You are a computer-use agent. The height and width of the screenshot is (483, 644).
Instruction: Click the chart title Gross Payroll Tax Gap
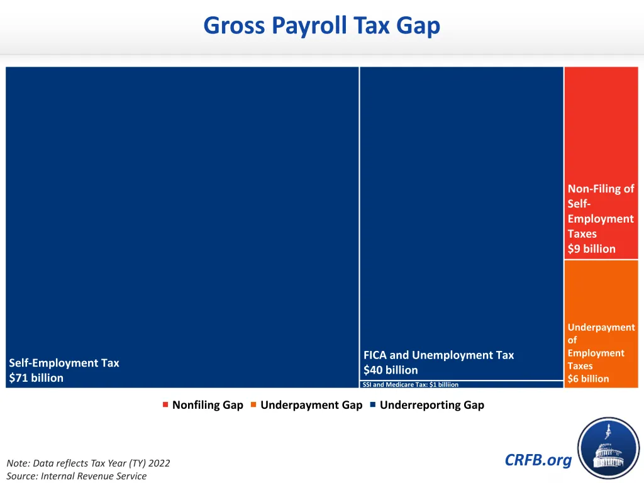tap(321, 26)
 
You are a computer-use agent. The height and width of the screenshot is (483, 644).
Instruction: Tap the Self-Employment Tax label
tap(64, 363)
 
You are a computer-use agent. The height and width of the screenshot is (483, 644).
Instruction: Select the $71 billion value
tap(36, 378)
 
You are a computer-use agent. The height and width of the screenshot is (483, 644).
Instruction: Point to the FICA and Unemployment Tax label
tap(438, 355)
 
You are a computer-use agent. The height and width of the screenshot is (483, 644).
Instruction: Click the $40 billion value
tap(390, 370)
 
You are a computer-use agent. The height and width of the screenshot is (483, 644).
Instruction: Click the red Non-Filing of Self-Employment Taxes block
tap(601, 126)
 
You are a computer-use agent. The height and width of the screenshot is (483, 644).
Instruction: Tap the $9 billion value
tap(591, 249)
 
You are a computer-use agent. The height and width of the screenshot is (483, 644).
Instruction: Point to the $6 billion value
tap(588, 379)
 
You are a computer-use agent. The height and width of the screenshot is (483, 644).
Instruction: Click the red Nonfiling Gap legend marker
tap(165, 404)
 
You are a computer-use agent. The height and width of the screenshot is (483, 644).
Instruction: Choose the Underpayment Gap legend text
tap(311, 405)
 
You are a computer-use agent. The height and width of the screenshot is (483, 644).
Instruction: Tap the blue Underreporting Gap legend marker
tap(373, 404)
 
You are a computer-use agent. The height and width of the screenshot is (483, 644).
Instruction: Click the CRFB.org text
tap(538, 460)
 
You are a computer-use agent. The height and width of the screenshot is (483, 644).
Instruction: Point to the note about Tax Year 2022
tap(88, 464)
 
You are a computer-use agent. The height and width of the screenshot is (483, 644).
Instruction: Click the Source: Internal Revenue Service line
tap(76, 476)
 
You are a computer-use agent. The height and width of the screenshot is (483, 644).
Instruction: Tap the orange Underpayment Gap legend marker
tap(253, 404)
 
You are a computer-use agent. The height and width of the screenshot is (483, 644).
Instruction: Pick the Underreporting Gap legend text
tap(431, 405)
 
